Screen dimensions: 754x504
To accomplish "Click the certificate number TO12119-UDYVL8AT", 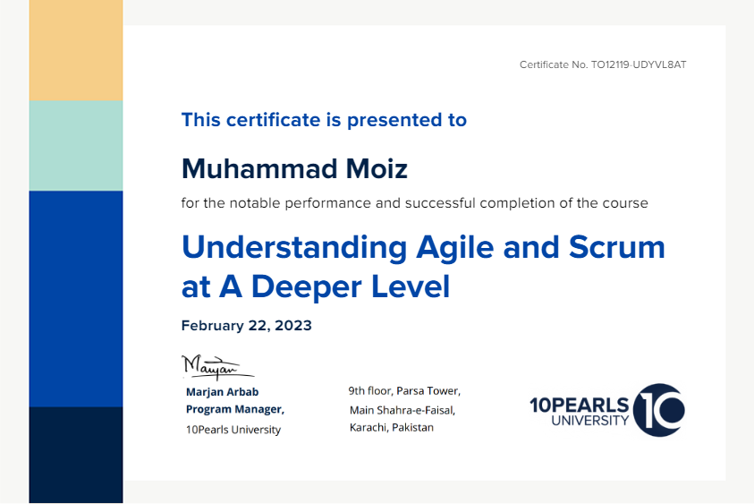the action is pyautogui.click(x=639, y=64).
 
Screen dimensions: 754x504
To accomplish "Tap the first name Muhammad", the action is pyautogui.click(x=259, y=169).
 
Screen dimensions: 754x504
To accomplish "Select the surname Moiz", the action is pyautogui.click(x=377, y=169).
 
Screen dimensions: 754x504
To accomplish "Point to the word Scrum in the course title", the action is pyautogui.click(x=617, y=247).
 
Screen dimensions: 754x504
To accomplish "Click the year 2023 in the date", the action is pyautogui.click(x=293, y=326).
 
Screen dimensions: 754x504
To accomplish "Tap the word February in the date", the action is pyautogui.click(x=213, y=326).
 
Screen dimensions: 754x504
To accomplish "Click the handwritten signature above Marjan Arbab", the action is pyautogui.click(x=217, y=367).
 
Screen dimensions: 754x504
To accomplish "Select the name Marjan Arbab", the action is pyautogui.click(x=222, y=392).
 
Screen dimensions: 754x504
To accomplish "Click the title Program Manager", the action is pyautogui.click(x=234, y=409).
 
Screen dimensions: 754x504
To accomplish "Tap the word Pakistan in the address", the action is pyautogui.click(x=412, y=428).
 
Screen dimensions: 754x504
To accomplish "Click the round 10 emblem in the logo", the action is pyautogui.click(x=659, y=410).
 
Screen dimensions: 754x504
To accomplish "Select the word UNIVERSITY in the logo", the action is pyautogui.click(x=590, y=421).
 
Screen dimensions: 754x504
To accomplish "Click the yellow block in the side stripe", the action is pyautogui.click(x=76, y=50).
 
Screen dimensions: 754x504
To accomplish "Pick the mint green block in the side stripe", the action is pyautogui.click(x=76, y=146).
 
